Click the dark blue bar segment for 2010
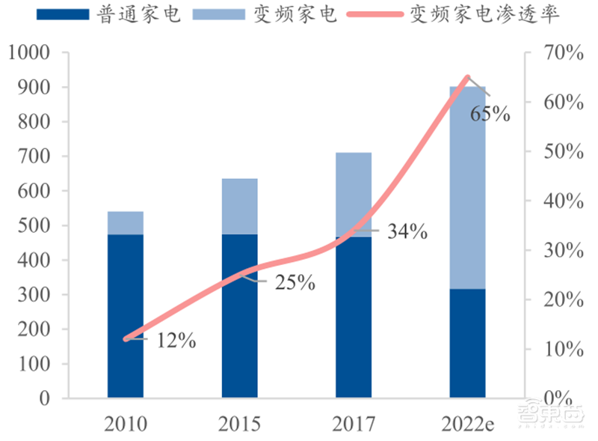coord(126,315)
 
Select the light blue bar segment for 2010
coord(126,223)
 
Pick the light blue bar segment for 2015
coord(239,206)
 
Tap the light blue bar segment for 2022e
coord(467,187)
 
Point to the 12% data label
coord(176,341)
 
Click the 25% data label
coord(295,284)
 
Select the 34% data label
coord(407,232)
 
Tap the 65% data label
coord(490,115)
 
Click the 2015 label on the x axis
coord(239,425)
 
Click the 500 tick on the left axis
coord(34,225)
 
